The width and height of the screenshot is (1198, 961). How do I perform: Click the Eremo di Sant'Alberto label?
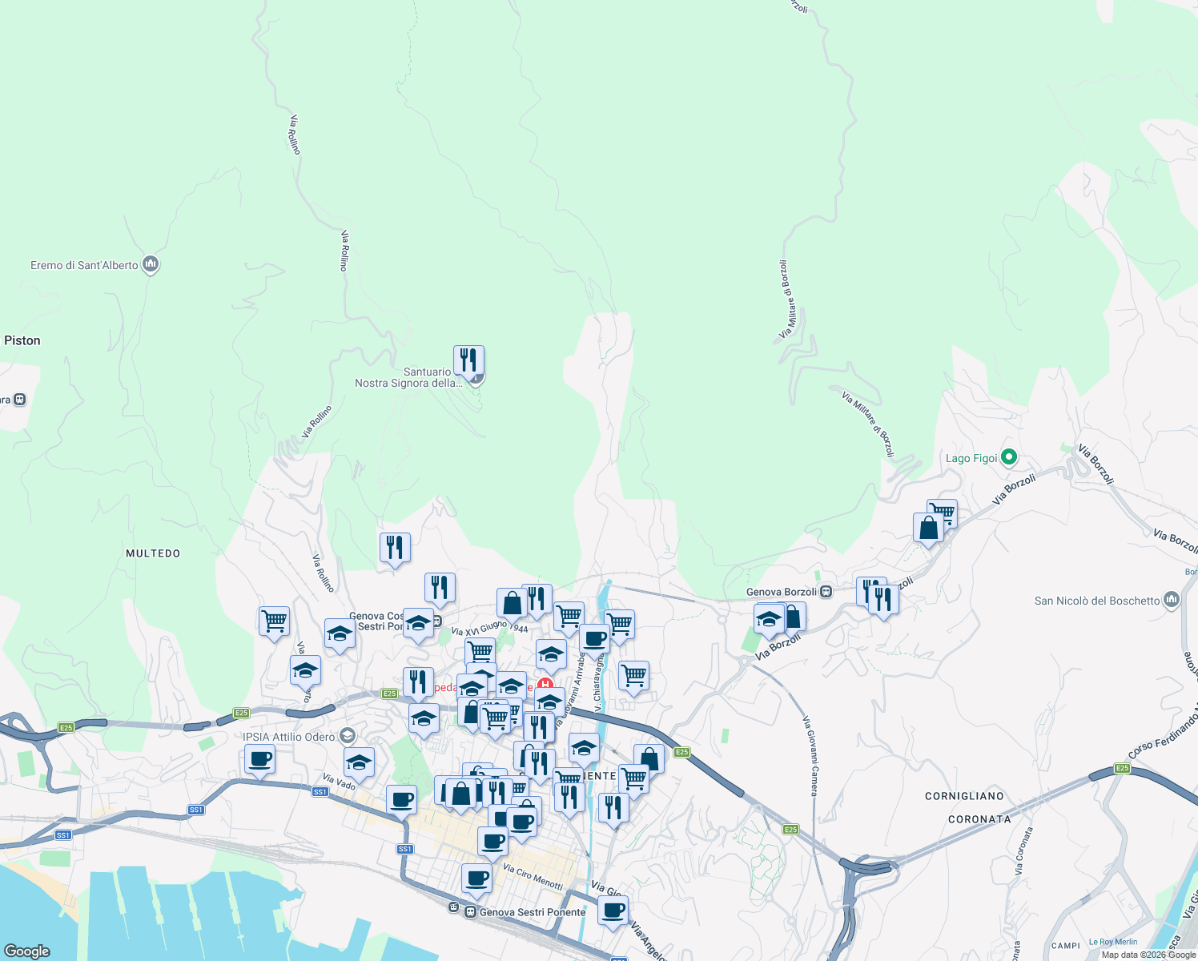coord(84,265)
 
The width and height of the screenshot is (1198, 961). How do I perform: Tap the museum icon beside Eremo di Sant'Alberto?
coord(151,264)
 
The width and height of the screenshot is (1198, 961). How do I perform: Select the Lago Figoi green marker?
coord(1009,457)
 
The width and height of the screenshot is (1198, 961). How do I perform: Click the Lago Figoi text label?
coord(971,458)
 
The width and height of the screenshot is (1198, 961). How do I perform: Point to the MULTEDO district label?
coord(153,553)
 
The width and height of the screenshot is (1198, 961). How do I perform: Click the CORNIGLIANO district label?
coord(964,796)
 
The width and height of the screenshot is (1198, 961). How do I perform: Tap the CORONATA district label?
coord(979,819)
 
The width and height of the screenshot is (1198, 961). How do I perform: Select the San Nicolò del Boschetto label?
coord(1097,601)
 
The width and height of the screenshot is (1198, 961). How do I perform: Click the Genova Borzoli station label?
coord(782,592)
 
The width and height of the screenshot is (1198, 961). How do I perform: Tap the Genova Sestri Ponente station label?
coord(533,912)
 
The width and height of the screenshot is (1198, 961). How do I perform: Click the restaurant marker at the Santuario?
coord(468,360)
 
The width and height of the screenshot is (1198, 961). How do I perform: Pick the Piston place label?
coord(22,340)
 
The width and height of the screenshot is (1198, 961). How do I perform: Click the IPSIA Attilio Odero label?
coord(289,737)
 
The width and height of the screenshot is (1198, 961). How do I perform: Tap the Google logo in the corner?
coord(27,951)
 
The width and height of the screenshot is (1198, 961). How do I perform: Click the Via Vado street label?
coord(339,782)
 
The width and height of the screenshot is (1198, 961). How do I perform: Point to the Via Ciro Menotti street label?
coord(533,875)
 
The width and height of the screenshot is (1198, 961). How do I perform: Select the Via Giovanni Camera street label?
coord(810,756)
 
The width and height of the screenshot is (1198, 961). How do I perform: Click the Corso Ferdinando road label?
coord(1161,730)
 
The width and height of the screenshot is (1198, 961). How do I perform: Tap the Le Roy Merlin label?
coord(1113,942)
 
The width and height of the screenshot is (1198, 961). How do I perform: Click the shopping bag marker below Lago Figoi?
coord(928,529)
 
